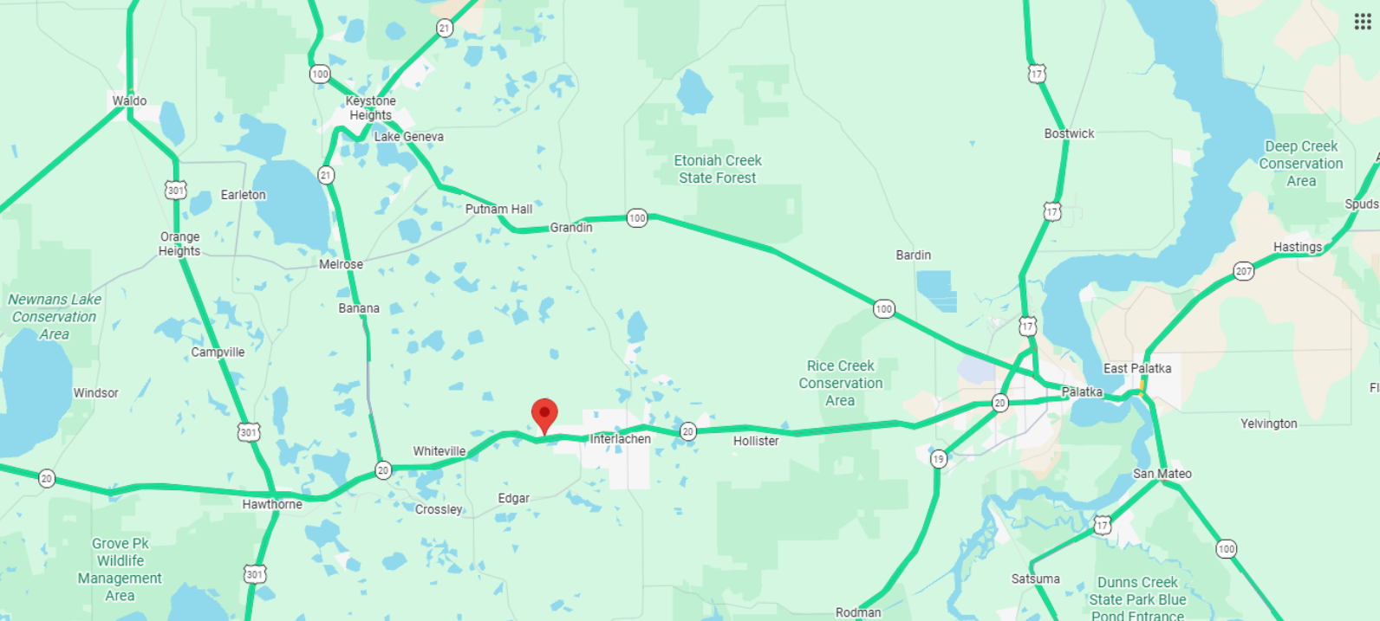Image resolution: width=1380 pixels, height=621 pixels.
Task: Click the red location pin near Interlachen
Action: (x=544, y=414)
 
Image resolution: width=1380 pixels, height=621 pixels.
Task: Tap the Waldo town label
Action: (x=129, y=100)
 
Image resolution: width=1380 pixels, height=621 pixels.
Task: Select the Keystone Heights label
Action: (x=370, y=108)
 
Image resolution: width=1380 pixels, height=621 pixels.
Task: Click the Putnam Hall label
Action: (x=498, y=209)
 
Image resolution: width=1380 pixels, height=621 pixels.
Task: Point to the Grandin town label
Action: (x=571, y=228)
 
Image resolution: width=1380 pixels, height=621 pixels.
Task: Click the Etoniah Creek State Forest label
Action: (x=718, y=169)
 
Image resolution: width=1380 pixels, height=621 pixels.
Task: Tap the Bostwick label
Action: (x=1069, y=133)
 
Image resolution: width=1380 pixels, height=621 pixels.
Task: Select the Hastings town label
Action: (x=1298, y=247)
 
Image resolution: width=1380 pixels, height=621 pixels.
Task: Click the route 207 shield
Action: (x=1244, y=271)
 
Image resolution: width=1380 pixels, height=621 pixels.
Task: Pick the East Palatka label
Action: (x=1137, y=368)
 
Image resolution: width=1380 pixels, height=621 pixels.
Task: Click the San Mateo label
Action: (x=1162, y=474)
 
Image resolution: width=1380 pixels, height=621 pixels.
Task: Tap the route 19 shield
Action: (x=939, y=459)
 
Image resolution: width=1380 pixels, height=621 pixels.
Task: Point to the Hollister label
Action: (x=756, y=441)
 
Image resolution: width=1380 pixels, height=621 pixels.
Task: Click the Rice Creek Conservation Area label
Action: (x=840, y=383)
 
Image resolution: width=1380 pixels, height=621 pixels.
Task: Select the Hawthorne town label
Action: (x=272, y=504)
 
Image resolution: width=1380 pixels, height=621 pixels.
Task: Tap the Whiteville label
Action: (x=439, y=451)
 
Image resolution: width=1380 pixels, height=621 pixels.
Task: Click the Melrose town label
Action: (x=341, y=264)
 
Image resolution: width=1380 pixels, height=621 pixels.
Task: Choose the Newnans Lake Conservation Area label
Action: (x=55, y=316)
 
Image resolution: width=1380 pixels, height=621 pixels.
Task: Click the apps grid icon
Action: (x=1363, y=22)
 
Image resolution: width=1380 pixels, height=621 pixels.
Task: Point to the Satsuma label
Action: (x=1035, y=579)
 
